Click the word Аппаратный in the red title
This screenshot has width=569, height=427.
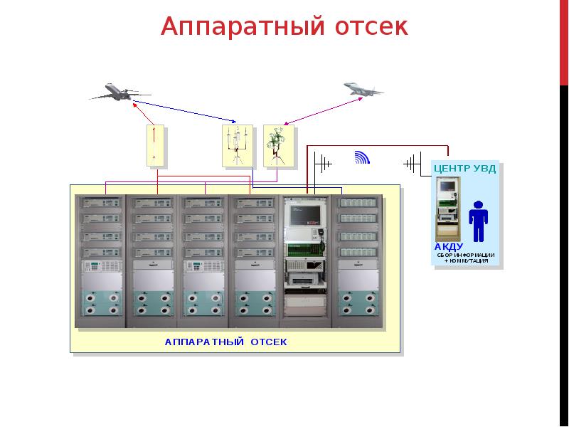[x=243, y=27]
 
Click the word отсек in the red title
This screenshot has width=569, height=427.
[x=371, y=27]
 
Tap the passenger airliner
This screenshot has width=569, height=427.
[x=119, y=93]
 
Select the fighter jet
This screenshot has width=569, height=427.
[x=363, y=89]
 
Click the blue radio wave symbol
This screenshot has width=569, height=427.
[x=362, y=157]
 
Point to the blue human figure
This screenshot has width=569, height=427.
[x=478, y=221]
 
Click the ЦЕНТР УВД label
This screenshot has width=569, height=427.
[x=465, y=169]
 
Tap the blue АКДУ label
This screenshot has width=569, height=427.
[x=449, y=247]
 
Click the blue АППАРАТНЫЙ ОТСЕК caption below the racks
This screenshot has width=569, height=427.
[x=225, y=342]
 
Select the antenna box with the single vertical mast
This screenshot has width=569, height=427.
[x=155, y=146]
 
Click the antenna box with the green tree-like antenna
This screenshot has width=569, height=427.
[x=278, y=146]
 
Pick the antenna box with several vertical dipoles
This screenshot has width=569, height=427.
[x=238, y=146]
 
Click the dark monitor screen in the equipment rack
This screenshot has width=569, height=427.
[x=305, y=215]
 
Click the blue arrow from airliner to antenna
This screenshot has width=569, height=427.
[x=185, y=112]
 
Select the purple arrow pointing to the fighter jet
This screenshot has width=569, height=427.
[x=323, y=111]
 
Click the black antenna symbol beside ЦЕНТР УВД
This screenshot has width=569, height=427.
[x=413, y=164]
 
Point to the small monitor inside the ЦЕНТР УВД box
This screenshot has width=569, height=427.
[x=447, y=186]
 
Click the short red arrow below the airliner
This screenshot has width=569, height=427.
[x=144, y=114]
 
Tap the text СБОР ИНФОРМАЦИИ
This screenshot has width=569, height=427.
[x=466, y=255]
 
